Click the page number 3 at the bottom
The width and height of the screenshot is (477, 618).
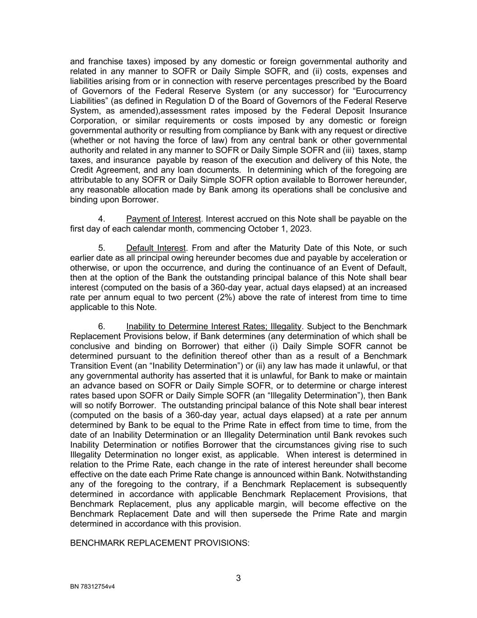click(238, 578)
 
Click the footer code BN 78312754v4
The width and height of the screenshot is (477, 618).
click(92, 587)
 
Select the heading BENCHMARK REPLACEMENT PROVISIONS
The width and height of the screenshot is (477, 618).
click(160, 543)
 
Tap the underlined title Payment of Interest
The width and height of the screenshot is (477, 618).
click(163, 219)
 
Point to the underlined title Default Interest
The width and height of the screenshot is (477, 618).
click(156, 248)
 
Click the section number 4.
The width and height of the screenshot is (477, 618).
click(101, 219)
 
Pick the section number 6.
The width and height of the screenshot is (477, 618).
click(101, 326)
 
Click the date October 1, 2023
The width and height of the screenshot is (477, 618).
click(279, 229)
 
